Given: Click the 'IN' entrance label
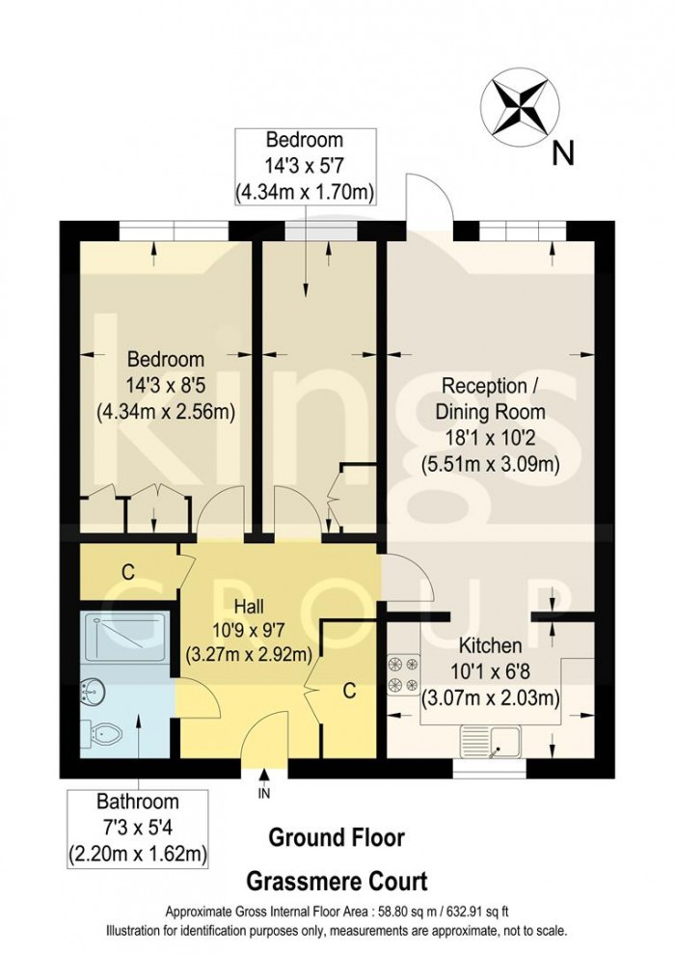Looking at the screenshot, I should tap(264, 794).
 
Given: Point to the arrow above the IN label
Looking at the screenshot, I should tap(264, 775).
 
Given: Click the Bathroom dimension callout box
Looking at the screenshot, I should tap(137, 828).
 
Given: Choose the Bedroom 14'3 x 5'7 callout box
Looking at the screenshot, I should tap(305, 167).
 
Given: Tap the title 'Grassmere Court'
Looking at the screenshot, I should tap(337, 881).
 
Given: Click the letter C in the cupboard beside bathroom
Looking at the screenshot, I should tap(126, 570).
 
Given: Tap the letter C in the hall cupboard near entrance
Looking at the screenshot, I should tap(351, 691).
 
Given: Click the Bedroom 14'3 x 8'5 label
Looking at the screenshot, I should tap(166, 384).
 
